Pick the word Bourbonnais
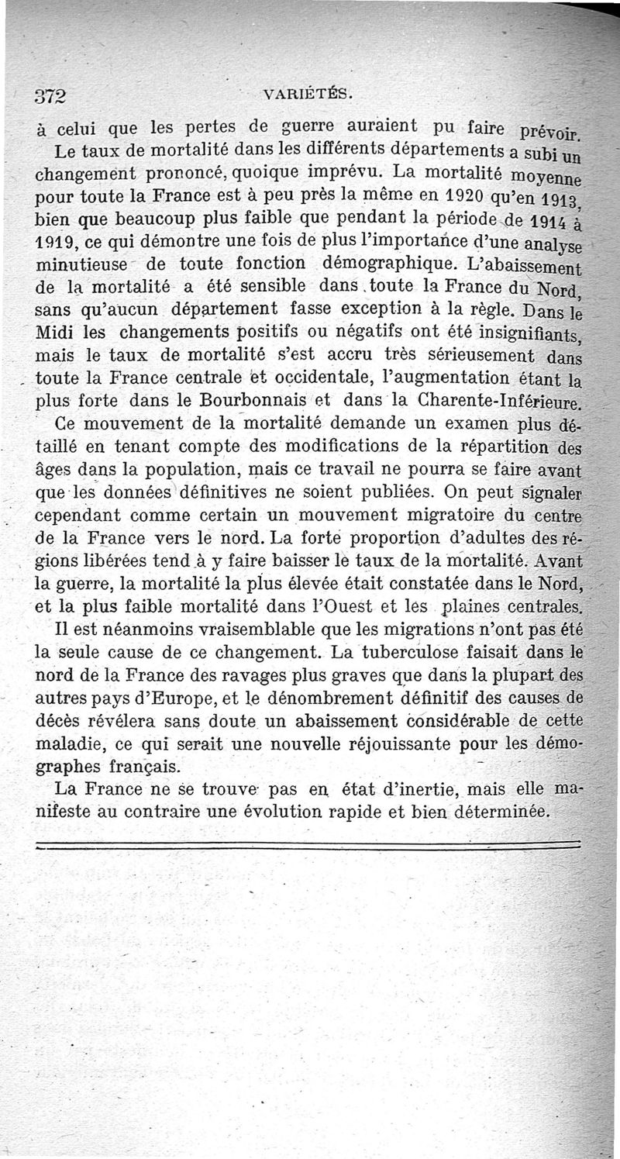(x=229, y=402)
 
